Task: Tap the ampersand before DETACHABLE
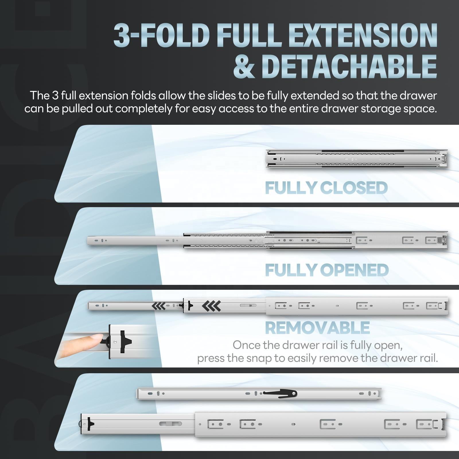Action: tap(244, 67)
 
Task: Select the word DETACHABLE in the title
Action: tap(349, 67)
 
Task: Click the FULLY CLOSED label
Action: tap(326, 188)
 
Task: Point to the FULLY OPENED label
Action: tap(327, 270)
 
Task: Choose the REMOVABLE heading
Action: tap(317, 328)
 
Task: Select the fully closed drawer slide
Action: tap(357, 159)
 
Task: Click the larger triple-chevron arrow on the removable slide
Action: tap(211, 306)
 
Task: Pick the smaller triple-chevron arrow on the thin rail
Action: tap(158, 306)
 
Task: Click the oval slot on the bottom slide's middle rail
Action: tap(171, 424)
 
